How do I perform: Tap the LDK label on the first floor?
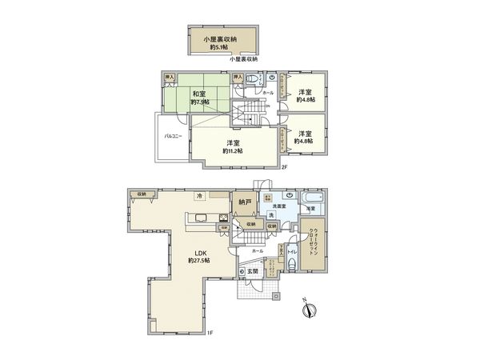click(x=198, y=252)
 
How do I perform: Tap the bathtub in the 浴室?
click(x=311, y=197)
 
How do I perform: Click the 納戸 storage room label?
click(x=245, y=203)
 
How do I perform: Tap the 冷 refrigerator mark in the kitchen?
click(x=199, y=196)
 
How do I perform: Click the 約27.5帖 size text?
click(x=199, y=262)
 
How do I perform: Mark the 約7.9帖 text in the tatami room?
click(x=200, y=103)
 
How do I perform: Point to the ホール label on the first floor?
click(x=257, y=251)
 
